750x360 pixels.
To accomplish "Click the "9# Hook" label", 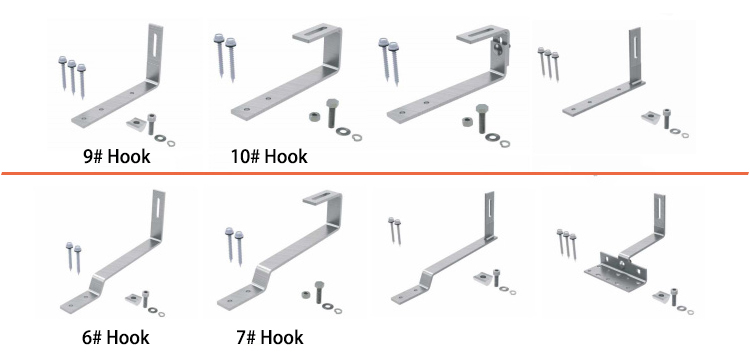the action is (x=116, y=156).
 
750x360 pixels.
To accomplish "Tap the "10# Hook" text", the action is (x=269, y=156).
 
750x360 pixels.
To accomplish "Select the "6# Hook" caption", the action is (x=115, y=338).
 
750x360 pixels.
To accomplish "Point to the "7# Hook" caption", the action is (x=269, y=338).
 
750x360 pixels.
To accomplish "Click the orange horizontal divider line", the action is (x=375, y=174).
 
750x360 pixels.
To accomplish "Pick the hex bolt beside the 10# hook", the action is (x=332, y=113).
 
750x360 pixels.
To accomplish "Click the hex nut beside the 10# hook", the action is (x=314, y=116).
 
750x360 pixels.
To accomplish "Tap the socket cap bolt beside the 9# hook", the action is (x=151, y=124).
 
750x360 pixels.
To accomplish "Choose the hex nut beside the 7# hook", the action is (x=305, y=294).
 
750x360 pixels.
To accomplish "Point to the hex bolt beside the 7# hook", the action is (x=320, y=292).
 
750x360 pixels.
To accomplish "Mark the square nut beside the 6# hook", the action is (x=133, y=299).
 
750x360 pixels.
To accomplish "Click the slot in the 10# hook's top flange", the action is (x=317, y=33).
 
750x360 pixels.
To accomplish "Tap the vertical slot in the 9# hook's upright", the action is (x=155, y=44).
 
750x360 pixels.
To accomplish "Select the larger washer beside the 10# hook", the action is (x=343, y=131).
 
